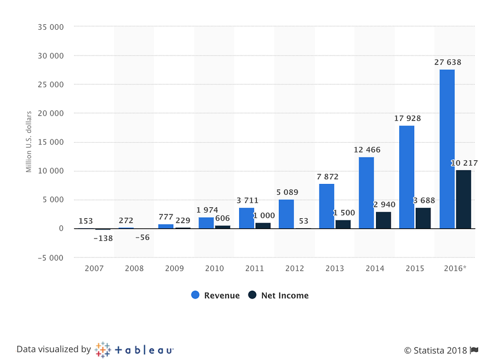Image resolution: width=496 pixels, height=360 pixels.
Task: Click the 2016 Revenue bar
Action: click(447, 149)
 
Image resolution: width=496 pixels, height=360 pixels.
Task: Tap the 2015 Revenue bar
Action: click(407, 177)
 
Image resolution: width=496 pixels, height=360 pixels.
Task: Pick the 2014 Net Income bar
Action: click(383, 220)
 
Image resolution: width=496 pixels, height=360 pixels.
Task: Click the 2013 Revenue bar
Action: click(326, 206)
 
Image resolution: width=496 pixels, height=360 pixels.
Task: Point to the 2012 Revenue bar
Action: click(286, 214)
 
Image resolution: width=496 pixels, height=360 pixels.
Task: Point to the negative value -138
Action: click(103, 238)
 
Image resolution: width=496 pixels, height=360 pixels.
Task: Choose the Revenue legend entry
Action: click(215, 296)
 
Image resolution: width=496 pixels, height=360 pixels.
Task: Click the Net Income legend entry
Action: click(278, 296)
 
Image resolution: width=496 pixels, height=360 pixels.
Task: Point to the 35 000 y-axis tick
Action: click(51, 27)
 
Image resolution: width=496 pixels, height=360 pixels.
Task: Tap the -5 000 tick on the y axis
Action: click(50, 258)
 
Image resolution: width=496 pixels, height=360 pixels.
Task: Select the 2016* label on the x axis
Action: click(455, 268)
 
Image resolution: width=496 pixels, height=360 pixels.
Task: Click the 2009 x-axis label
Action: click(175, 268)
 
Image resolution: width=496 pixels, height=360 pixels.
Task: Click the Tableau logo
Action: click(134, 350)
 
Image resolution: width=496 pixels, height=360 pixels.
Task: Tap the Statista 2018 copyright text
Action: click(436, 350)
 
